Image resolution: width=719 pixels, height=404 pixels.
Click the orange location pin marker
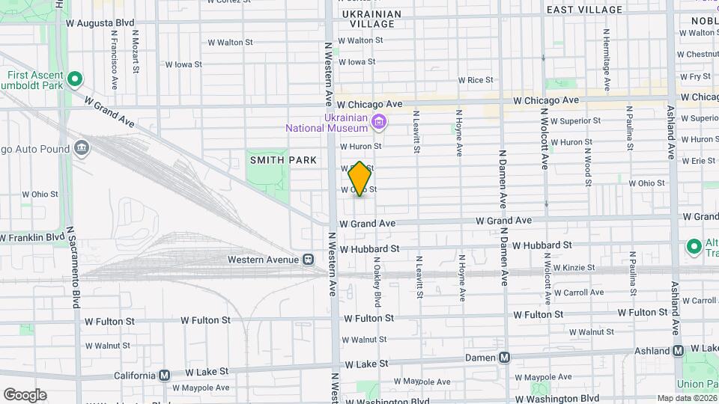coord(360,179)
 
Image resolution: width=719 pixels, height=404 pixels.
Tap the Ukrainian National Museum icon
coord(380,121)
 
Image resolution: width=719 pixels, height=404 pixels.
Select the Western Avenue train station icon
coord(308,260)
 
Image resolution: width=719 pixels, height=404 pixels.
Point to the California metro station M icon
coord(165,374)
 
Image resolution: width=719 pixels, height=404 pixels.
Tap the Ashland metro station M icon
coord(678,350)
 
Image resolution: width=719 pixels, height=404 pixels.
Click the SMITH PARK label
coord(283,160)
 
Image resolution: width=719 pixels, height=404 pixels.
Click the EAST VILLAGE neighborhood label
coord(585,10)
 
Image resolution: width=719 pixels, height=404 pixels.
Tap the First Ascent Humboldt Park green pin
coord(74,79)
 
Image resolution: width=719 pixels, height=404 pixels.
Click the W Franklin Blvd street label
coord(33,238)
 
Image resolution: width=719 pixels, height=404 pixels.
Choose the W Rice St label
coord(476,80)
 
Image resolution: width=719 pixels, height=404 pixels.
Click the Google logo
coord(25,394)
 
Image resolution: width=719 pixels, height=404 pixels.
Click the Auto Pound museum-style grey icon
coord(80,147)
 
